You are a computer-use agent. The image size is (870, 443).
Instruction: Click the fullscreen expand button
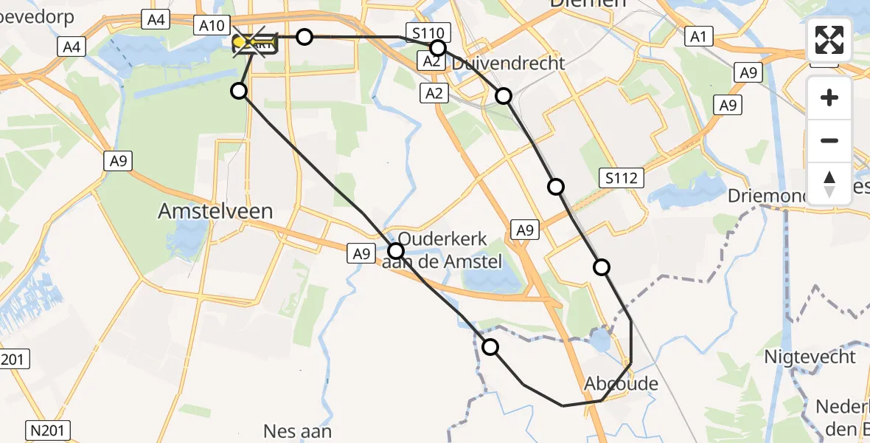(829, 40)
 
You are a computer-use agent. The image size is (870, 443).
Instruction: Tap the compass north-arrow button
(829, 183)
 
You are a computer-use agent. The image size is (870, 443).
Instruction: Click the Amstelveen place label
(215, 211)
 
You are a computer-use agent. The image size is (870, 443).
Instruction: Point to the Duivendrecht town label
(509, 63)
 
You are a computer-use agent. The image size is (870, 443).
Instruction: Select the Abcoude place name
(621, 384)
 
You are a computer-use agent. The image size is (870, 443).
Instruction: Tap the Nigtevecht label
(810, 357)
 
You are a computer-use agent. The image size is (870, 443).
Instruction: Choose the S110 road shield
(428, 33)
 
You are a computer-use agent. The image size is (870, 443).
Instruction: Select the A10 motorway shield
(212, 26)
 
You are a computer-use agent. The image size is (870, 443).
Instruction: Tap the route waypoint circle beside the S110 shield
(438, 48)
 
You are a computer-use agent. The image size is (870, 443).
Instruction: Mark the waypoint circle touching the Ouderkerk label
(397, 251)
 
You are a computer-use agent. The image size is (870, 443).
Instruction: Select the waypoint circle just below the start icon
(239, 91)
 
